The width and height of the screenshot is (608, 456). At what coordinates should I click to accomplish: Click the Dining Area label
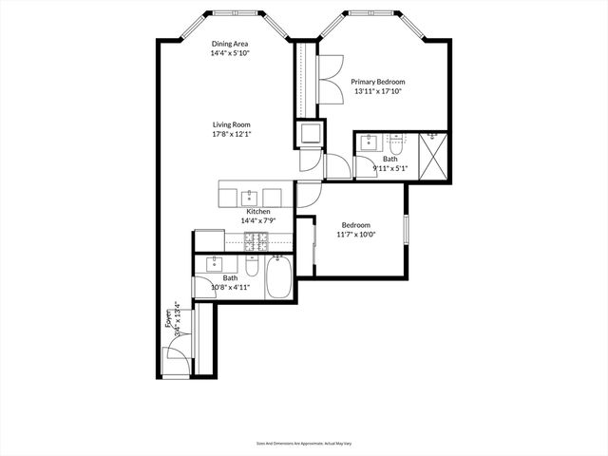click(230, 44)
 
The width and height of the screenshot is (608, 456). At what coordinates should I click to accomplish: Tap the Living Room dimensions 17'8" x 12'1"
click(237, 135)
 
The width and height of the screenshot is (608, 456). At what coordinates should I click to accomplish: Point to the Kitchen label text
click(258, 211)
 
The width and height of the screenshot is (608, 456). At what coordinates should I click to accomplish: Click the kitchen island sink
click(252, 197)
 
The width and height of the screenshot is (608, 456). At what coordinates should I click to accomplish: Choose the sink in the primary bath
click(369, 143)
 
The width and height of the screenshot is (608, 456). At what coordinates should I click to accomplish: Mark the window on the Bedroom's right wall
click(406, 229)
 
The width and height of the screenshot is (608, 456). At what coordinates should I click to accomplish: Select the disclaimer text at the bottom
click(303, 443)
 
